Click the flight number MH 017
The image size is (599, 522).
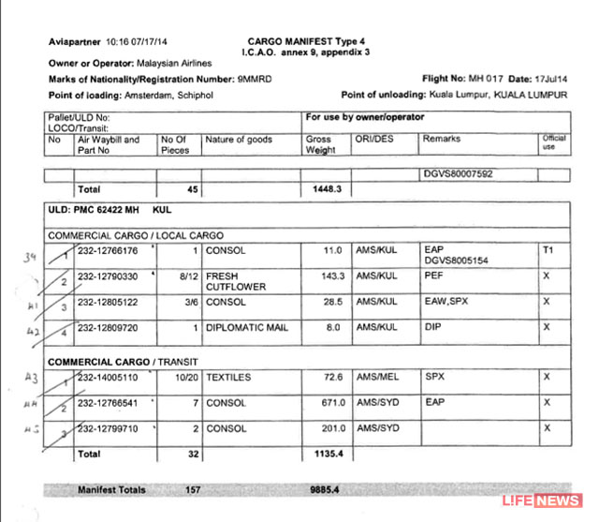click(x=465, y=80)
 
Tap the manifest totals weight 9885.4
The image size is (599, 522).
click(x=324, y=490)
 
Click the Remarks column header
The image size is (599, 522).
click(x=442, y=140)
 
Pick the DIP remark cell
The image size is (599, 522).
click(x=431, y=329)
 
